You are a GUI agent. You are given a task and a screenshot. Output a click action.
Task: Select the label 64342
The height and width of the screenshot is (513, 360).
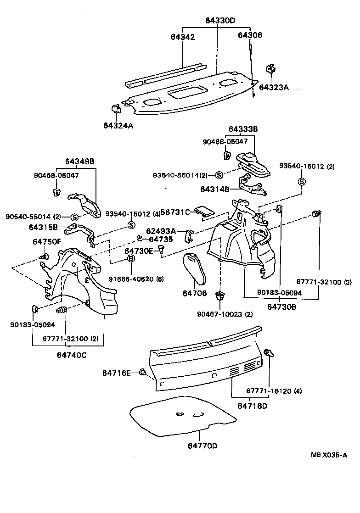[182, 37]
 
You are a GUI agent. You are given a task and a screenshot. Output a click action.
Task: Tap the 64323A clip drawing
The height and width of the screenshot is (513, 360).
[270, 70]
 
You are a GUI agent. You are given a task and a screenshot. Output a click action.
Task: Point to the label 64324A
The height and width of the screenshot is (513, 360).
[118, 126]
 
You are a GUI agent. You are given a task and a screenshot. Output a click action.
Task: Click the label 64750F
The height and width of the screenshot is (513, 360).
[46, 241]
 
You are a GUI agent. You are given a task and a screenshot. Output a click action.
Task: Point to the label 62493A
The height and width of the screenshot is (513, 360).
[161, 232]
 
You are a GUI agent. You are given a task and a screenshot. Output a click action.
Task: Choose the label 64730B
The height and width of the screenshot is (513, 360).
[282, 306]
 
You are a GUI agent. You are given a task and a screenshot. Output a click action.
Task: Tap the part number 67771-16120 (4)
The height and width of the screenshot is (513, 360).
[274, 391]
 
